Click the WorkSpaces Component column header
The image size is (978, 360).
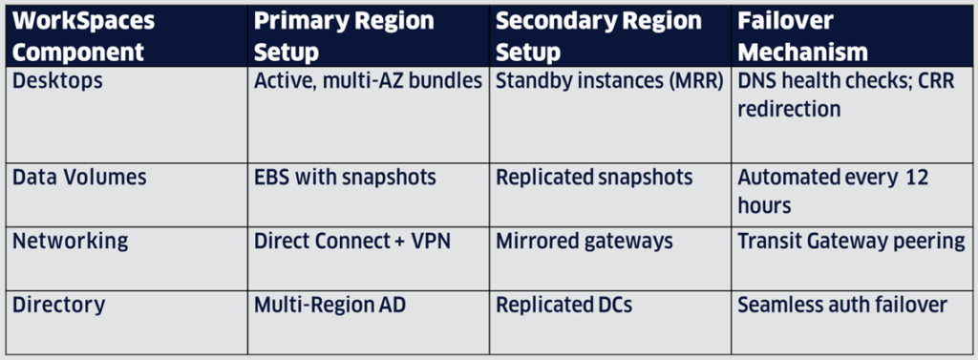pos(84,36)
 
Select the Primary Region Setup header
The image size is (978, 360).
pos(344,36)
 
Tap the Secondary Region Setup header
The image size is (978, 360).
pos(599,36)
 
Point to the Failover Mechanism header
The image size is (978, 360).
pos(802,36)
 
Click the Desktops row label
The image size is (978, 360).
pos(57,80)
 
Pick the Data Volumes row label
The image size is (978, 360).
pos(79,178)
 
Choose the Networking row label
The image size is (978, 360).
pos(71,242)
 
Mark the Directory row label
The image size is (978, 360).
pos(58,306)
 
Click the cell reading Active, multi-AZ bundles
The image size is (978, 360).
pos(368,81)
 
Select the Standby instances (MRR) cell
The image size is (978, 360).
pos(609,81)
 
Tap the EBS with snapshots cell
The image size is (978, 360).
pos(345,178)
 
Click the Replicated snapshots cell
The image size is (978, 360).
pos(594,178)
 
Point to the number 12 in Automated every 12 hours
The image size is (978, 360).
pos(916,178)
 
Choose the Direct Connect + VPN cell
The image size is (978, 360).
pos(351,241)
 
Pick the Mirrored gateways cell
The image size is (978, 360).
pos(585,242)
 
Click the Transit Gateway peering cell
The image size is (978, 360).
pos(851,242)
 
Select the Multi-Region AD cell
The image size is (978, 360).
pos(330,306)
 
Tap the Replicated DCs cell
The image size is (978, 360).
pos(563,306)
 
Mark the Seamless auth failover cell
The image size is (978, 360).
pos(842,306)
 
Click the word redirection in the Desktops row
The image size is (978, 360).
pos(789,109)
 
